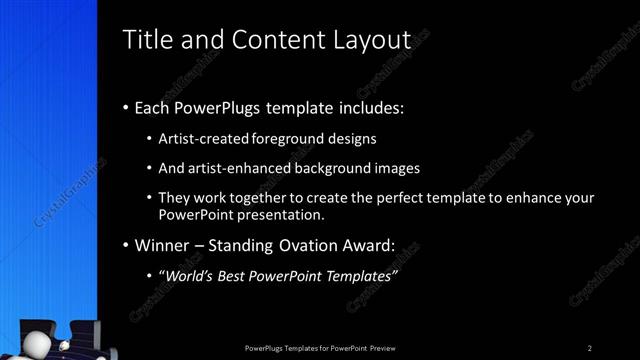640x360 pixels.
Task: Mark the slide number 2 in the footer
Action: click(x=590, y=347)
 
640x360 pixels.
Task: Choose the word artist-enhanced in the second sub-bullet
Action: click(x=235, y=168)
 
